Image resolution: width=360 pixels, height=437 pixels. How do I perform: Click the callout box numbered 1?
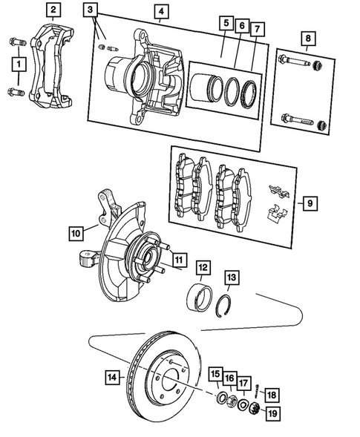coord(16,65)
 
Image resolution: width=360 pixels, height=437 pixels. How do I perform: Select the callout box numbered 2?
coord(52,10)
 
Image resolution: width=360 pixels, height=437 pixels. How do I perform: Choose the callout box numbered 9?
coord(309,202)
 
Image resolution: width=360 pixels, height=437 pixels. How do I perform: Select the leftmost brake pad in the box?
coord(182,191)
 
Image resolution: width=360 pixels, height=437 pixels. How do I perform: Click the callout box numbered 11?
coord(178,259)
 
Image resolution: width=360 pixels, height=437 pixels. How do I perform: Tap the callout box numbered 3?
coord(90,10)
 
